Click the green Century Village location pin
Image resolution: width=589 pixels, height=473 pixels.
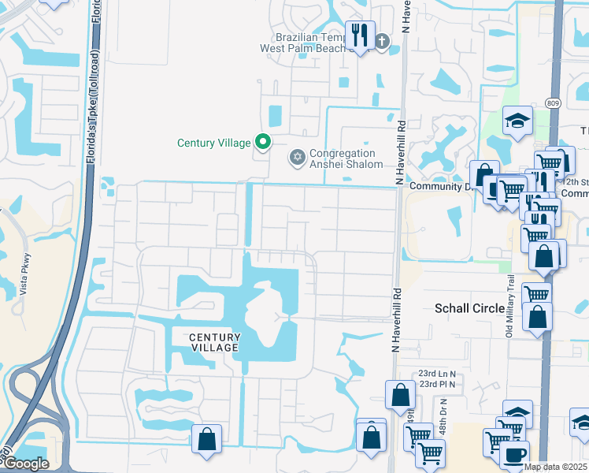point(263,143)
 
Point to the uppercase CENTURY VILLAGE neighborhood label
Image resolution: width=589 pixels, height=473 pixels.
point(213,342)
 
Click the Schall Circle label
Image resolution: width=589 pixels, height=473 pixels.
point(469,308)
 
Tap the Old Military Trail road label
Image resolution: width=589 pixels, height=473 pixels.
point(509,306)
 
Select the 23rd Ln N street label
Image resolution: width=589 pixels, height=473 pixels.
point(439,373)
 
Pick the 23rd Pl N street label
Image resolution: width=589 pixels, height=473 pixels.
point(439,384)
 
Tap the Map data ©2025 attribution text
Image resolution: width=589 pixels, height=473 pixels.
point(556,467)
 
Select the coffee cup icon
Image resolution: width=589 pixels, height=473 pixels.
point(514,454)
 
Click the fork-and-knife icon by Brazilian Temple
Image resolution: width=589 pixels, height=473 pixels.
point(361,35)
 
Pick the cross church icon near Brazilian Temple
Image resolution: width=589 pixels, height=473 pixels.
point(382,41)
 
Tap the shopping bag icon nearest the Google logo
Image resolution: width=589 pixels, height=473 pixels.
point(206,438)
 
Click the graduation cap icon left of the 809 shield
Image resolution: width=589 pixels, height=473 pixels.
point(517,121)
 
